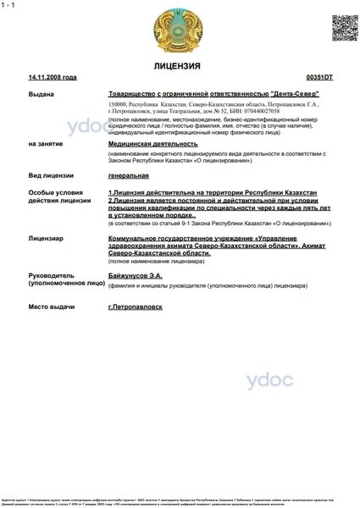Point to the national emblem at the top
[x=179, y=29]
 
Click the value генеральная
[x=128, y=175]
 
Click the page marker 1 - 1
[x=9, y=5]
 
